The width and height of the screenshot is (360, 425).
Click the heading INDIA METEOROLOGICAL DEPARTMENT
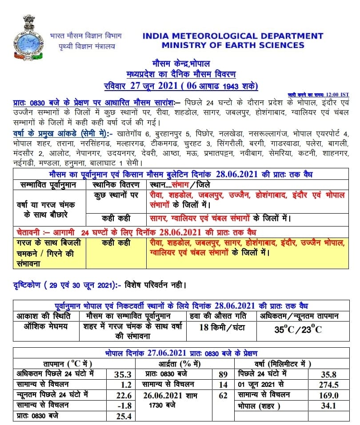pyautogui.click(x=233, y=36)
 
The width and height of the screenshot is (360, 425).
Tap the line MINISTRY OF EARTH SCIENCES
pyautogui.click(x=233, y=45)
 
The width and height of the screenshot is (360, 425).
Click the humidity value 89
pyautogui.click(x=223, y=375)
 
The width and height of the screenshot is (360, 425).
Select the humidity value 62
pyautogui.click(x=223, y=395)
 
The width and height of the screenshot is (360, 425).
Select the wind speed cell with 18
pyautogui.click(x=220, y=328)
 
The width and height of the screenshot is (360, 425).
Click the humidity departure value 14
pyautogui.click(x=223, y=385)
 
